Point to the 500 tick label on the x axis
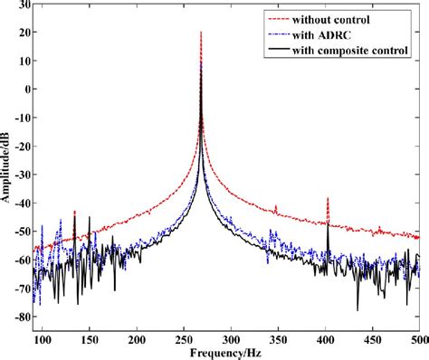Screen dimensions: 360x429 coord(417,339)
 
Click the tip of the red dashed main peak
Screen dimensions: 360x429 coord(200,33)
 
